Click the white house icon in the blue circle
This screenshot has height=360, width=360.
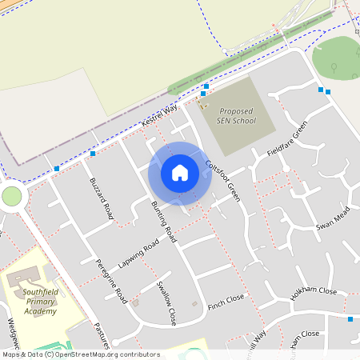(180, 172)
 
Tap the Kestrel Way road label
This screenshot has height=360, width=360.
(158, 115)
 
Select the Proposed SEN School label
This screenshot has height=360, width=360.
(237, 117)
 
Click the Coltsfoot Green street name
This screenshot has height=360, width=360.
(222, 180)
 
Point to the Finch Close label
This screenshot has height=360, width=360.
(226, 302)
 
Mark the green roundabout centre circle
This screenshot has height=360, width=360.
(12, 196)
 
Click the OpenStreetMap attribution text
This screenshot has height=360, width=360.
(80, 354)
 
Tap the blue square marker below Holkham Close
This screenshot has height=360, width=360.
(350, 319)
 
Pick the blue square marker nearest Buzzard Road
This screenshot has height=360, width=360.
(94, 153)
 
